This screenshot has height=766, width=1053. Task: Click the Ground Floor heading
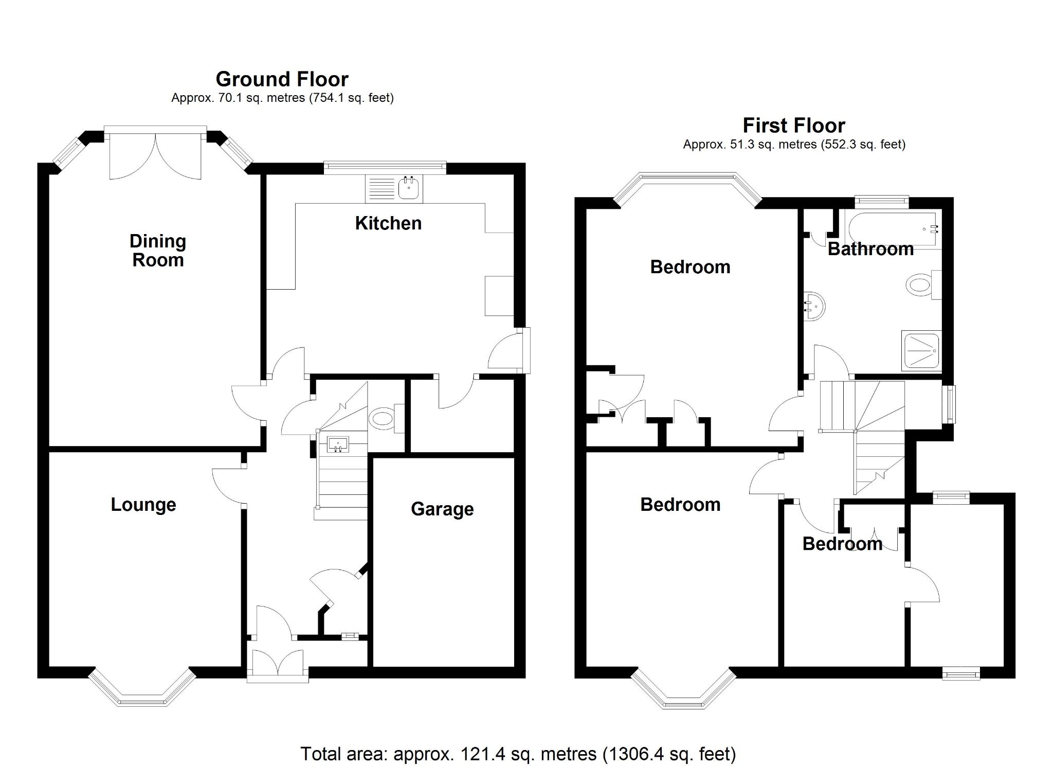tap(282, 79)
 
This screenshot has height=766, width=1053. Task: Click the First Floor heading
tap(793, 126)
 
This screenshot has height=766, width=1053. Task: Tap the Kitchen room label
tap(388, 223)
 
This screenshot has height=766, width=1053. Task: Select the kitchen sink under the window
tap(409, 188)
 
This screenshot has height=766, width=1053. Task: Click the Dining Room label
tap(157, 251)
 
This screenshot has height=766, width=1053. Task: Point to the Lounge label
tap(143, 505)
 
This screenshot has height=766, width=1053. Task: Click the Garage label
tap(442, 509)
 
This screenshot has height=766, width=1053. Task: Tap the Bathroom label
tap(870, 249)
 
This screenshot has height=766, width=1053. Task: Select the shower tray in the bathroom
tap(921, 351)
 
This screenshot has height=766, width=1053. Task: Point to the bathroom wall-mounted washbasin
tap(814, 306)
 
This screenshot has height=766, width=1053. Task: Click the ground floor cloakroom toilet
tap(384, 418)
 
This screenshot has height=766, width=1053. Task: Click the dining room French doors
tap(155, 154)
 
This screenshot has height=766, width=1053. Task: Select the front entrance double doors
tap(277, 663)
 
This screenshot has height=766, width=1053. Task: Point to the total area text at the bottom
tap(518, 754)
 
